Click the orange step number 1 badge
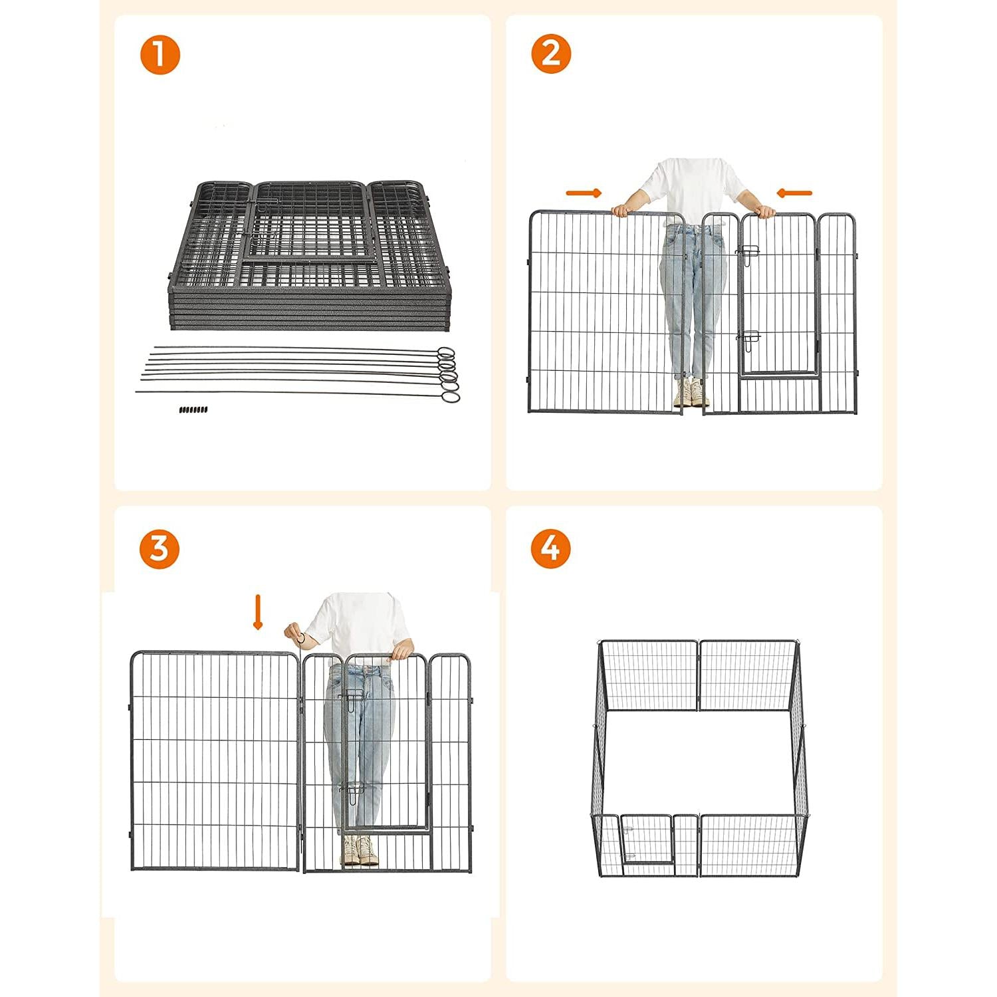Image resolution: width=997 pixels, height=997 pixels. [x=160, y=55]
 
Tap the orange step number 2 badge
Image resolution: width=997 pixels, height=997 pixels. [x=551, y=55]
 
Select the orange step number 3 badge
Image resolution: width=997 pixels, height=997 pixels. [x=160, y=549]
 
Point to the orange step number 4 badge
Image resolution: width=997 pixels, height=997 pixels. [x=551, y=549]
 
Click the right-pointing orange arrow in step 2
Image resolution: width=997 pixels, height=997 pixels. [x=584, y=193]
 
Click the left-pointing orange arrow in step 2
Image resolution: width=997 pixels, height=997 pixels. [x=794, y=193]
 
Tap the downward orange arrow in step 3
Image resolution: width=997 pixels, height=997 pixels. [x=258, y=612]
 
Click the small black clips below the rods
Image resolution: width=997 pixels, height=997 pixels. [x=193, y=409]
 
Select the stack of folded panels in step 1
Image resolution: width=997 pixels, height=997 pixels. [x=307, y=256]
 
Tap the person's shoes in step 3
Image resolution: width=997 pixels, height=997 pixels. [x=360, y=850]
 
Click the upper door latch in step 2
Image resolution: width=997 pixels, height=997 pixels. [x=748, y=253]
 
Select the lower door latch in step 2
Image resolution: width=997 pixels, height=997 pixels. [x=750, y=341]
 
